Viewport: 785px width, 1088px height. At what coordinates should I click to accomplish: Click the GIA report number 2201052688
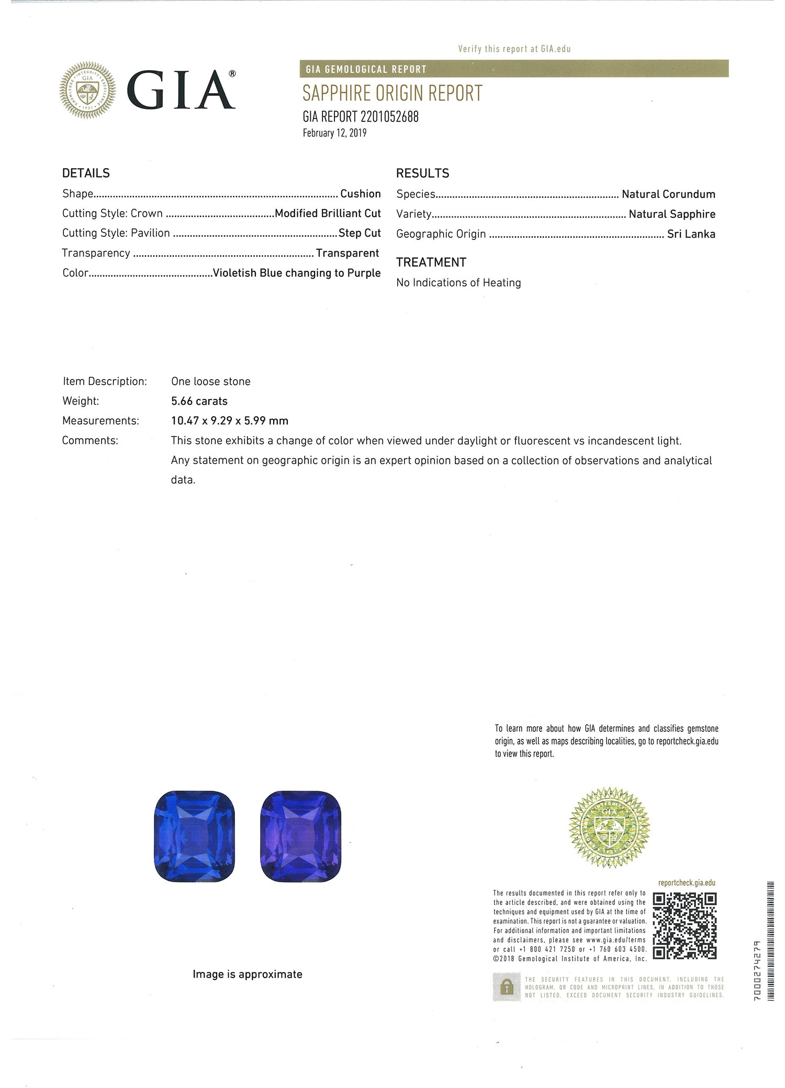pyautogui.click(x=361, y=117)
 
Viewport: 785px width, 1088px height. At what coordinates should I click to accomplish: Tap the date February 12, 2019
pyautogui.click(x=334, y=133)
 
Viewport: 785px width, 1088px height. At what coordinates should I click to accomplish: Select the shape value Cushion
pyautogui.click(x=361, y=194)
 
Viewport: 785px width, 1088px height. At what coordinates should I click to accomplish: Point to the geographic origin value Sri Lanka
pyautogui.click(x=691, y=234)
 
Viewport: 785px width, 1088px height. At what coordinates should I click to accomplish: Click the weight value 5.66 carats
pyautogui.click(x=199, y=401)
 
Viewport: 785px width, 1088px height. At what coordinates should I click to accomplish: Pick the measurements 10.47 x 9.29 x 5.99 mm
pyautogui.click(x=230, y=420)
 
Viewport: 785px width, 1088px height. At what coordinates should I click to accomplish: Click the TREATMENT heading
pyautogui.click(x=431, y=262)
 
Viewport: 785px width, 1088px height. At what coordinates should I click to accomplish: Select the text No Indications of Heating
pyautogui.click(x=458, y=283)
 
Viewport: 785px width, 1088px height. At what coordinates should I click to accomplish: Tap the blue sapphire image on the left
pyautogui.click(x=194, y=836)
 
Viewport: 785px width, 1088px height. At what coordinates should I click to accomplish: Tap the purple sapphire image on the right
pyautogui.click(x=300, y=836)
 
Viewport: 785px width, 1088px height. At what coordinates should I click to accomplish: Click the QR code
pyautogui.click(x=685, y=926)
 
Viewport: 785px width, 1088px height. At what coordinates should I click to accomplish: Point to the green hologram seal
pyautogui.click(x=609, y=827)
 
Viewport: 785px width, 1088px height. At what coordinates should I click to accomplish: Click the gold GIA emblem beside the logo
pyautogui.click(x=87, y=90)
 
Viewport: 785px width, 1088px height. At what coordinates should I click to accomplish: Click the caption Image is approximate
pyautogui.click(x=248, y=974)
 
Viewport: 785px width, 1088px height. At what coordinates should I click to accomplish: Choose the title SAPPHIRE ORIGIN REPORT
pyautogui.click(x=392, y=93)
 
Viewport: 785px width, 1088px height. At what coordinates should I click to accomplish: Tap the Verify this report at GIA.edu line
pyautogui.click(x=514, y=49)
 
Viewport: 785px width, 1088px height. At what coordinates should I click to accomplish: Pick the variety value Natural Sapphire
pyautogui.click(x=672, y=214)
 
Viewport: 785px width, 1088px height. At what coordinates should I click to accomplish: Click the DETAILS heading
pyautogui.click(x=86, y=173)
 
